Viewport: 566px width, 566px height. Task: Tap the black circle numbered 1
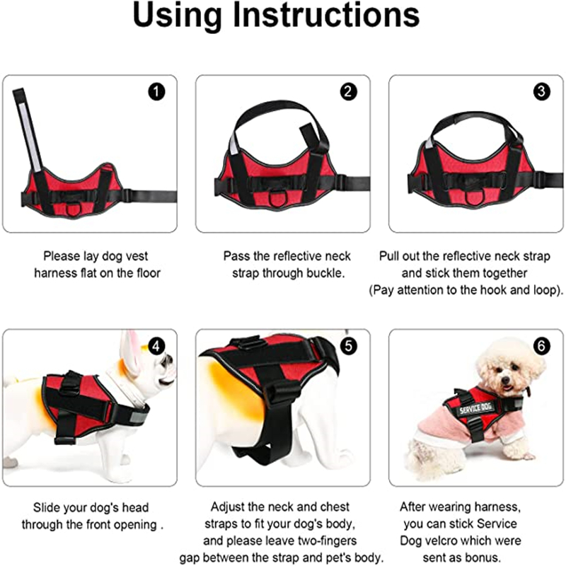156,92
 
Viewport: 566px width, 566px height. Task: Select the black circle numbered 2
348,92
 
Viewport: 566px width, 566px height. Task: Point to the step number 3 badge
541,92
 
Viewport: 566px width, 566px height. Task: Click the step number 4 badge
156,347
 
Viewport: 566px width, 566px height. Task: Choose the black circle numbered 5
348,346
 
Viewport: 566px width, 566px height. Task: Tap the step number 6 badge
541,346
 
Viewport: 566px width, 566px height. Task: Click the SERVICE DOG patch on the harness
475,408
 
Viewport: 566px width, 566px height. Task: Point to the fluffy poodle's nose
506,379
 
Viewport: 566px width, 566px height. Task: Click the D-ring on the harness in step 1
73,209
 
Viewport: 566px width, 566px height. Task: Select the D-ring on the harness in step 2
276,200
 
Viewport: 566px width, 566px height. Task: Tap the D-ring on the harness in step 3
473,198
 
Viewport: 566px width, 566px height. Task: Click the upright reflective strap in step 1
28,130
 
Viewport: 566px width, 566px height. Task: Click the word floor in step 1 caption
149,273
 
